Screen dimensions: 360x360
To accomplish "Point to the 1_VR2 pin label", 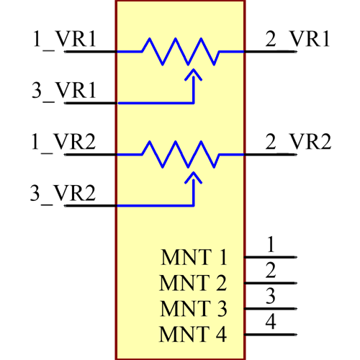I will click(x=64, y=142).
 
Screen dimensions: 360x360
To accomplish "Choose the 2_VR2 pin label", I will click(x=297, y=142).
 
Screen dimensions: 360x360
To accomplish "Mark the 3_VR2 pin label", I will click(x=64, y=194).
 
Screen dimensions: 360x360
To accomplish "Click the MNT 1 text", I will click(x=194, y=257).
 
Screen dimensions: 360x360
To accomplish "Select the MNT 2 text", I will click(x=194, y=283).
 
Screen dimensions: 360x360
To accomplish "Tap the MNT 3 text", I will click(x=194, y=309).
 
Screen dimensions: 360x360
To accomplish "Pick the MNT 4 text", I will click(x=194, y=335).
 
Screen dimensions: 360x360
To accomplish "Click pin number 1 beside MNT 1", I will click(x=271, y=244).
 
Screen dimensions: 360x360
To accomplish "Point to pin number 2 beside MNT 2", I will click(x=271, y=271).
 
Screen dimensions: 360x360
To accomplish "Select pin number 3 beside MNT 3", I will click(x=271, y=296).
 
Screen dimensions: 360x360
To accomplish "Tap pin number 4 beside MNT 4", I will click(x=271, y=322).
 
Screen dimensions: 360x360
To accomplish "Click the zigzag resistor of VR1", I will click(x=180, y=51).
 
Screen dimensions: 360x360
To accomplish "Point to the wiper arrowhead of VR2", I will click(x=192, y=176).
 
